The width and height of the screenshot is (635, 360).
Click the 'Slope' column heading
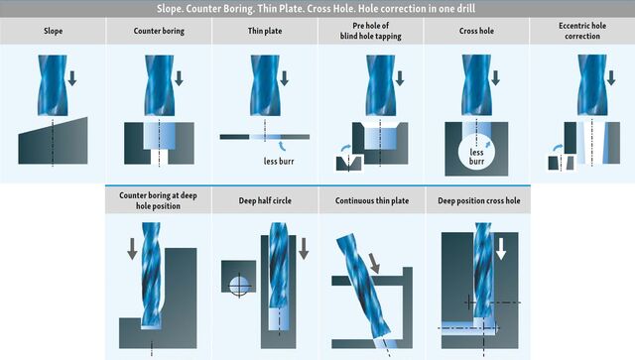point(53,31)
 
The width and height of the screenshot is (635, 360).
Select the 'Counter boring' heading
point(159,31)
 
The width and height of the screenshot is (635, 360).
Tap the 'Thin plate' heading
point(265,31)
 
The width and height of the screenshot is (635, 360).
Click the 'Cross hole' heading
point(476,31)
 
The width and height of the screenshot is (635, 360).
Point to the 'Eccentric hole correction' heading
point(582,31)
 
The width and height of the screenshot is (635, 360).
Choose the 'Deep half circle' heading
point(265,200)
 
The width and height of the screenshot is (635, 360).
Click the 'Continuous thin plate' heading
point(372,200)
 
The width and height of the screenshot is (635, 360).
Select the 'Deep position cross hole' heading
point(478,200)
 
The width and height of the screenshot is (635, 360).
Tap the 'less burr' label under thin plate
point(279,162)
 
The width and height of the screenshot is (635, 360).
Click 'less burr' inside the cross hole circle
point(476,157)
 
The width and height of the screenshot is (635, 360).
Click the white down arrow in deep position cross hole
point(501,248)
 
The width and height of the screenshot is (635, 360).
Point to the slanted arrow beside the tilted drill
point(375,263)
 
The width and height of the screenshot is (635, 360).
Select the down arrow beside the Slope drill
point(72,78)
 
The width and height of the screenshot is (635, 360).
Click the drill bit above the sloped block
point(53,85)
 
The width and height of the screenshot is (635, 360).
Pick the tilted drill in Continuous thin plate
point(363,286)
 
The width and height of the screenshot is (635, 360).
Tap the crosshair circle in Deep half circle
point(239,286)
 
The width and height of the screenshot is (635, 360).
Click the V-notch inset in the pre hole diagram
point(348,164)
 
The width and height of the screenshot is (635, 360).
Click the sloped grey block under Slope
point(53,141)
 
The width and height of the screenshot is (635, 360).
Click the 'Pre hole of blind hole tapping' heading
point(370,31)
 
